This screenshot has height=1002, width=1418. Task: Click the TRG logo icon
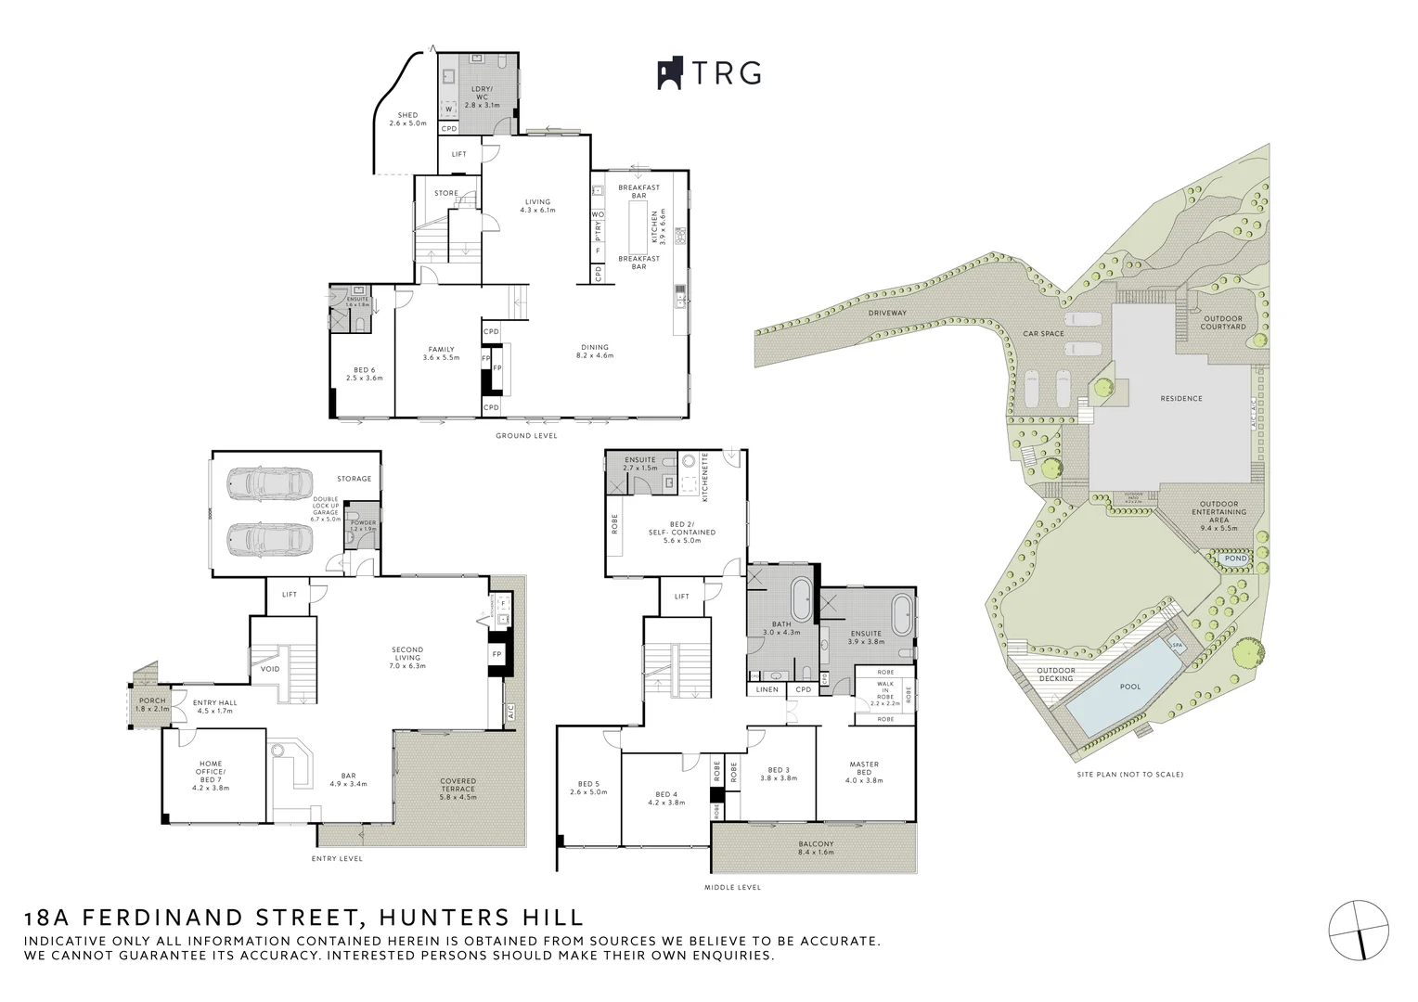click(670, 74)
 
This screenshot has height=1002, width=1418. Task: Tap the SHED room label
click(407, 120)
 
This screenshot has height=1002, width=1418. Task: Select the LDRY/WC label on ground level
click(482, 96)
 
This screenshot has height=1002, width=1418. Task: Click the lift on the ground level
click(458, 154)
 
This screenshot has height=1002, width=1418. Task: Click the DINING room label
click(595, 352)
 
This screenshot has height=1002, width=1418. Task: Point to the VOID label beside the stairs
click(270, 669)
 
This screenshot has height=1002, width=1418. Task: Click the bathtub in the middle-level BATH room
click(800, 597)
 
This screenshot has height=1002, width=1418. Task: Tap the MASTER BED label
click(863, 769)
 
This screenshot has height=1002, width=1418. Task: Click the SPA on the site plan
click(1177, 645)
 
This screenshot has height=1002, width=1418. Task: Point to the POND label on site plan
click(1235, 559)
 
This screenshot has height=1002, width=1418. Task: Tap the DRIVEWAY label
click(887, 313)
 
